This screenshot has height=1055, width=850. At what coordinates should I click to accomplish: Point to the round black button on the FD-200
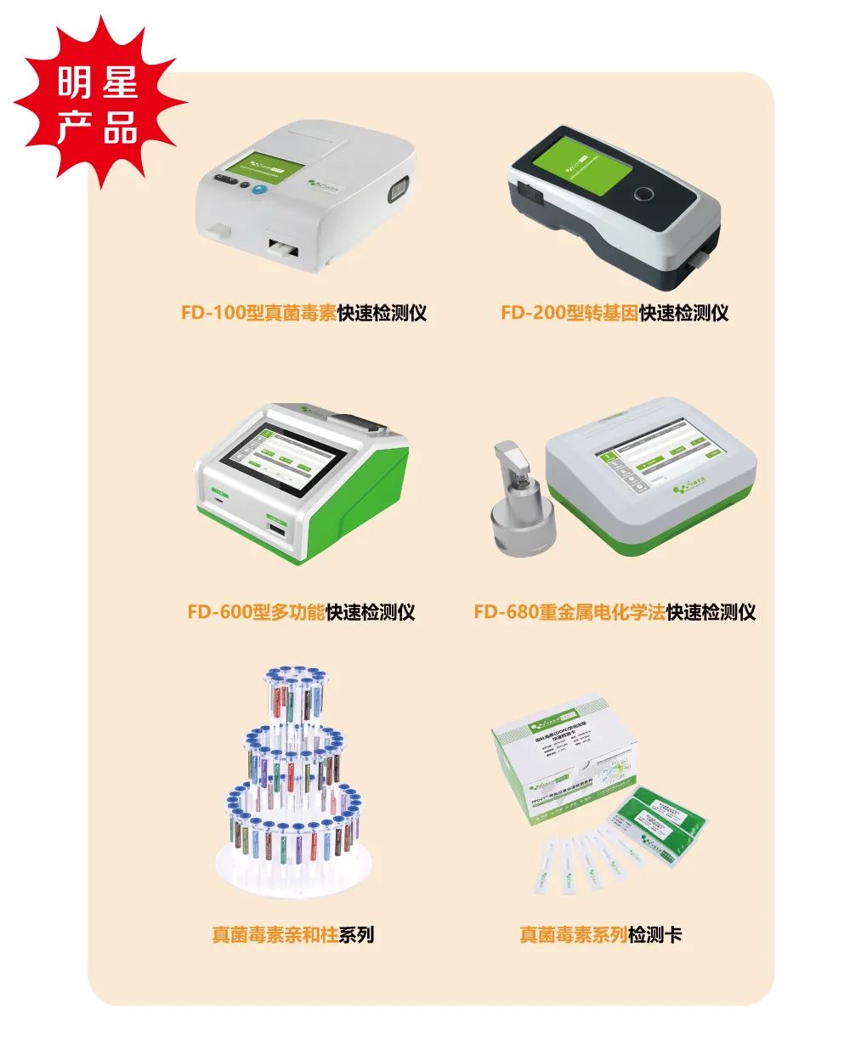pos(647,195)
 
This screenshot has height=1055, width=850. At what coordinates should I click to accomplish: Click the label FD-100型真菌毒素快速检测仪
pos(303,313)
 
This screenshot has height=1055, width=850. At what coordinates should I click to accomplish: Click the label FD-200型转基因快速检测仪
pos(615,313)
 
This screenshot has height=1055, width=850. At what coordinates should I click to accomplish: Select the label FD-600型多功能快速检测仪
pos(302,612)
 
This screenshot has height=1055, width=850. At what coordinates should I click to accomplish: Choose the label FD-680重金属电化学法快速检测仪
pos(615,612)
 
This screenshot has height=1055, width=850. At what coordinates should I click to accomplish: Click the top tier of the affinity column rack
pos(293,697)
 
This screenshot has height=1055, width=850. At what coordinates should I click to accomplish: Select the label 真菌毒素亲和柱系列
pos(292,935)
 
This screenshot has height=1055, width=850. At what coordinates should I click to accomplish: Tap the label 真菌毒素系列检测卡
pos(600,935)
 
